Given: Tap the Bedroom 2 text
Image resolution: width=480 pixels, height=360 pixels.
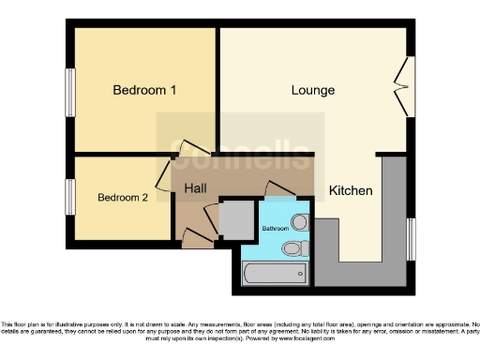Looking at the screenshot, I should [x=123, y=198].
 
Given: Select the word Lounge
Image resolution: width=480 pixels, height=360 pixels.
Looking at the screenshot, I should [x=313, y=90].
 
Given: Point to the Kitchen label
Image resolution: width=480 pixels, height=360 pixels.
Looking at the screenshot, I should [x=351, y=190].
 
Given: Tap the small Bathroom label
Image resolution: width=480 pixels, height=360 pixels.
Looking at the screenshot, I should [x=275, y=228].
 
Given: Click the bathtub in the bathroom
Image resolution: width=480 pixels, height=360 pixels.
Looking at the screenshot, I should [x=274, y=274].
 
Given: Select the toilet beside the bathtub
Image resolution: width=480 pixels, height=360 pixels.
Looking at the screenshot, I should [x=296, y=248].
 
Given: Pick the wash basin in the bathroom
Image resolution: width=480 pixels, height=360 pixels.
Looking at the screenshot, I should [x=299, y=222].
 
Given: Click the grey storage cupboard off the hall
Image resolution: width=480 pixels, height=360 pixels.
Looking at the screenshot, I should [x=230, y=219].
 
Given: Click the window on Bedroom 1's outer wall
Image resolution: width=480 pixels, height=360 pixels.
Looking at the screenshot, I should [x=69, y=94].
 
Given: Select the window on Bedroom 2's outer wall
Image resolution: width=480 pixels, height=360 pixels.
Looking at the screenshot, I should [x=69, y=198].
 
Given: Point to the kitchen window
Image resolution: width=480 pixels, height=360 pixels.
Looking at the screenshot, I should [x=410, y=240].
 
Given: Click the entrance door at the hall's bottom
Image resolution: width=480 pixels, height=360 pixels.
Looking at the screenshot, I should [x=196, y=240].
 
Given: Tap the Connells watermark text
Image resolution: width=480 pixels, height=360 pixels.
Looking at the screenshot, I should [x=240, y=155].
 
